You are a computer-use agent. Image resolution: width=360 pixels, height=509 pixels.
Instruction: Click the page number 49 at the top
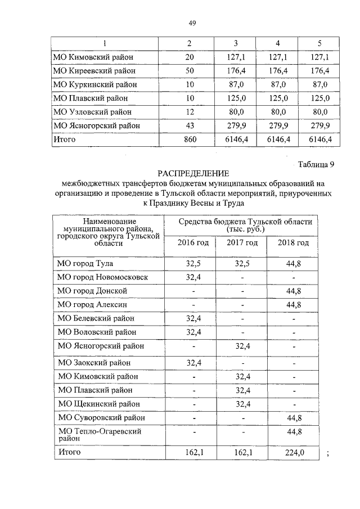(192, 22)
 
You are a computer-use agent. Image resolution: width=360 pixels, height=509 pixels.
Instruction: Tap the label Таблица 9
(314, 164)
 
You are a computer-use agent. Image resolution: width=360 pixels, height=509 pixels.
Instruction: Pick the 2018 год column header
(294, 242)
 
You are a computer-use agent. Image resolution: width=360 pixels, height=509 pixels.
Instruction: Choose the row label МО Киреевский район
(93, 70)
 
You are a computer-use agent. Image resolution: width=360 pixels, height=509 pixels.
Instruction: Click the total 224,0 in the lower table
(294, 452)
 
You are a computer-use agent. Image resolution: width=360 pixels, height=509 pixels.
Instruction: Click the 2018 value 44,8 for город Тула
(294, 263)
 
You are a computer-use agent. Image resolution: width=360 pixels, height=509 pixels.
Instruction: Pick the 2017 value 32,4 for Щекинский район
(242, 404)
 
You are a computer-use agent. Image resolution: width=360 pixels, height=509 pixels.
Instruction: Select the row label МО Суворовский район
(101, 417)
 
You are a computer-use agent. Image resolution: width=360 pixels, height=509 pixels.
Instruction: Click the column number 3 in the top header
(236, 43)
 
